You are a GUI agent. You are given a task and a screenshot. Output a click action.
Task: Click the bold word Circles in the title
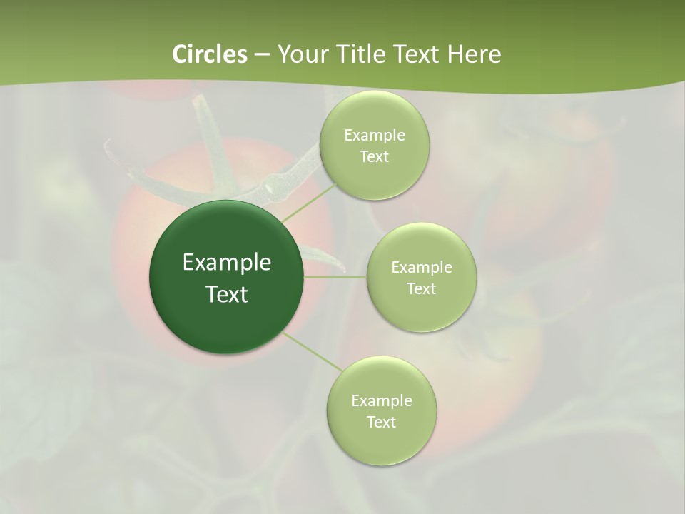(209, 54)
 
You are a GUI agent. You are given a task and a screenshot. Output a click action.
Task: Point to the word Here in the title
(474, 54)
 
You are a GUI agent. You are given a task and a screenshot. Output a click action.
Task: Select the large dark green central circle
(226, 321)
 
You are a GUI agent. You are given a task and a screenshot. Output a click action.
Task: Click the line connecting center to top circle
(308, 202)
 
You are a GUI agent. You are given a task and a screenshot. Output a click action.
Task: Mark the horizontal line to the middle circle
(335, 277)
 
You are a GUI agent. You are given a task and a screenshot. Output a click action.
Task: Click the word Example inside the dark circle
(227, 263)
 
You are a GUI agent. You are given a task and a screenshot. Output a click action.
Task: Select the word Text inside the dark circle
(227, 294)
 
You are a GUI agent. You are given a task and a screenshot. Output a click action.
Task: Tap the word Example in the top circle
(374, 136)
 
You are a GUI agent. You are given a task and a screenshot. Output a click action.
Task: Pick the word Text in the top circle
(374, 157)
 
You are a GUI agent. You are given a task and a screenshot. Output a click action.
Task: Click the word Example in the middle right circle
(421, 268)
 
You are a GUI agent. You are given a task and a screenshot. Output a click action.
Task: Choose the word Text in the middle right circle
(421, 289)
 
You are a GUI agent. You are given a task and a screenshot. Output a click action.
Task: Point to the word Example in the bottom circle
(381, 401)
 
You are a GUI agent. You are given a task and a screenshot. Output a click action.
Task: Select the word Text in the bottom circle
(381, 423)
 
